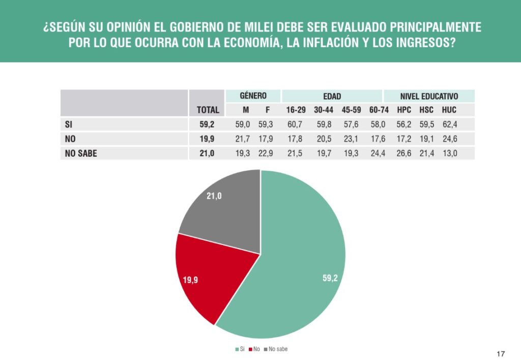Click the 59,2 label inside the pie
coord(330,278)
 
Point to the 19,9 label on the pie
coord(190,280)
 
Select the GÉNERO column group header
coord(253,96)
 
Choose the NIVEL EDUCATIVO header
coord(429,96)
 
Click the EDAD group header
coord(332,96)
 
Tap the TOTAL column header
coord(208,109)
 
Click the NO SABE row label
coord(80,153)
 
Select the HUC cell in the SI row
coord(449,124)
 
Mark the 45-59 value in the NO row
coord(351,138)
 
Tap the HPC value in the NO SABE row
coord(403,153)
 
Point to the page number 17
coord(501,353)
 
